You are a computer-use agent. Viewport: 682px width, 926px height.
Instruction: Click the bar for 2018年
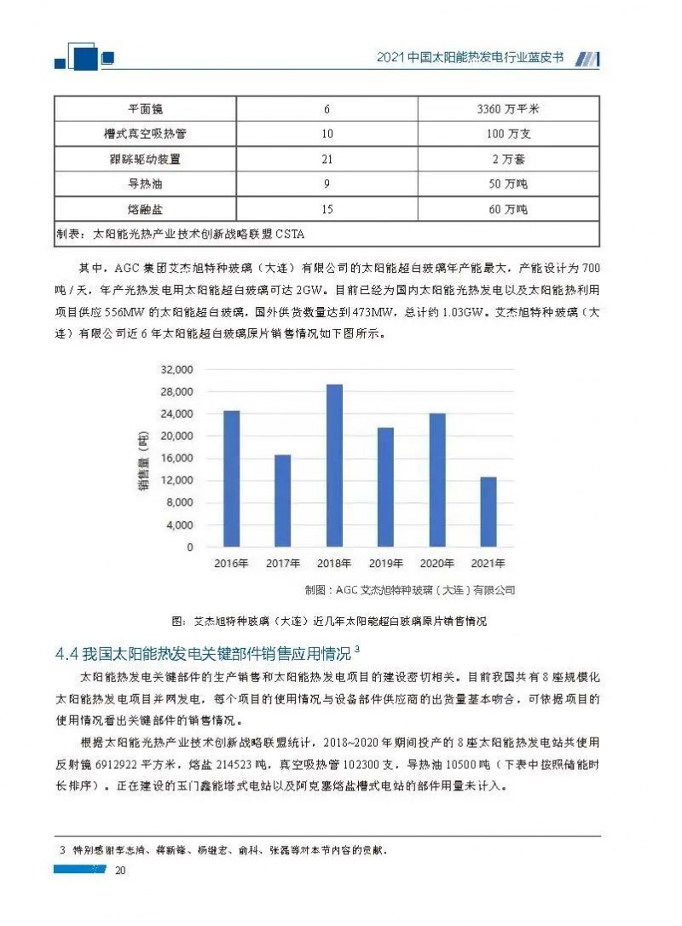click(x=336, y=465)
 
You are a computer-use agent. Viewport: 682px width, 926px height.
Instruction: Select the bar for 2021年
click(x=488, y=512)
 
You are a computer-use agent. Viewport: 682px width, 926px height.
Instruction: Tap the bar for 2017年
click(x=284, y=501)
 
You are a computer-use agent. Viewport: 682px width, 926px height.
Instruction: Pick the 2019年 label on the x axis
click(x=385, y=564)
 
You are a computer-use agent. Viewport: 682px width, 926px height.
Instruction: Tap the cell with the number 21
click(x=327, y=159)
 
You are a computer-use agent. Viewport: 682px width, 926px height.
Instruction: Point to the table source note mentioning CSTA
click(x=179, y=234)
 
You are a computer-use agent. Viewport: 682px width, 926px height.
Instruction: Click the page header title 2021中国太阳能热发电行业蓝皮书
click(x=471, y=60)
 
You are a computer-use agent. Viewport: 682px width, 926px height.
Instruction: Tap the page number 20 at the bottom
click(x=120, y=870)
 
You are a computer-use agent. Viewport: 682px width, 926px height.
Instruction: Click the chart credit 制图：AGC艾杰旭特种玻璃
click(x=409, y=589)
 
